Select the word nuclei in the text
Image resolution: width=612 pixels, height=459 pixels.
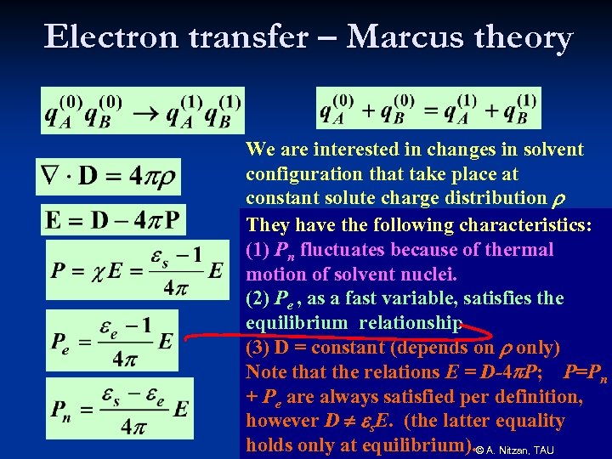pos(429,275)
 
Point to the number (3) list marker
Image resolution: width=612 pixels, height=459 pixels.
pos(258,348)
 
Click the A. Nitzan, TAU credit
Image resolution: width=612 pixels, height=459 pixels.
pos(519,450)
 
